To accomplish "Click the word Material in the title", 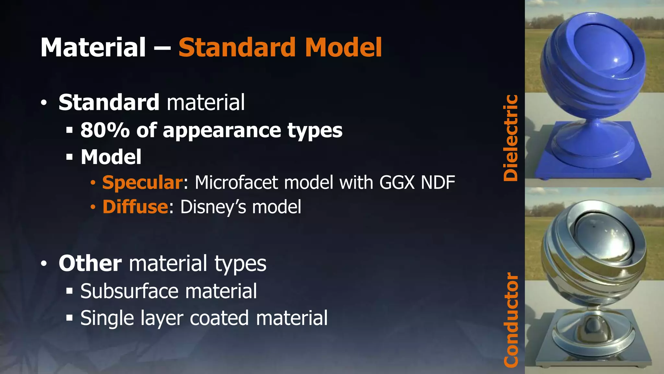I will [93, 48].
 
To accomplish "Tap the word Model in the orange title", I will [343, 48].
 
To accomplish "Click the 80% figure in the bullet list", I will [105, 131].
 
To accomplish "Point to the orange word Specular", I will [142, 182].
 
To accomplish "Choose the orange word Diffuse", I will [135, 207].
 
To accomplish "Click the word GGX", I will [397, 182].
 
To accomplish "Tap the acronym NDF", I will [438, 182].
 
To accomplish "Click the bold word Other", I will [90, 263].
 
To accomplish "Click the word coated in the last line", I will [219, 318].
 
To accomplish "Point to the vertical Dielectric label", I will [511, 138].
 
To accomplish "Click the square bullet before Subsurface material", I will [69, 291].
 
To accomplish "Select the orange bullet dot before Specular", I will [93, 183].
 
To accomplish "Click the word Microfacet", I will [236, 182].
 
